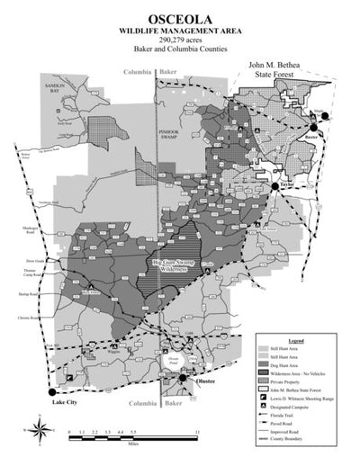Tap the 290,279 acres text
[x=179, y=40]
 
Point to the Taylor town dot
[x=274, y=186]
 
